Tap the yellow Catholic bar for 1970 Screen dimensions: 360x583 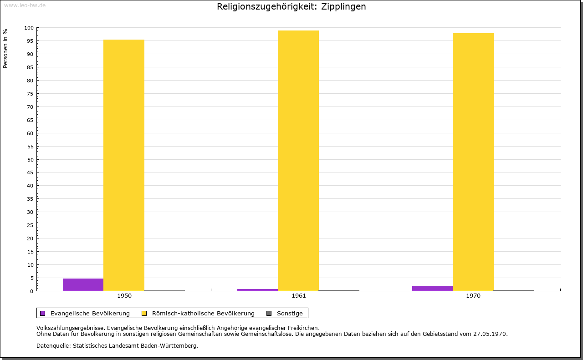[x=473, y=162]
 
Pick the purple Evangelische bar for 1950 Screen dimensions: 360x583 [x=83, y=284]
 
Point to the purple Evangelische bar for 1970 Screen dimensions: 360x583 [x=432, y=288]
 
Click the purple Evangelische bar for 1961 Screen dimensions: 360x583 [x=257, y=290]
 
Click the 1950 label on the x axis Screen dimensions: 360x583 [x=124, y=296]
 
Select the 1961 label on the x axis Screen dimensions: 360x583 [x=299, y=296]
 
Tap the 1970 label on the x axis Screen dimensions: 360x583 [x=473, y=296]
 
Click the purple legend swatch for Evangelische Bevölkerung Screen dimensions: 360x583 [x=43, y=313]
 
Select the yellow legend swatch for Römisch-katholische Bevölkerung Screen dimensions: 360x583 [x=144, y=313]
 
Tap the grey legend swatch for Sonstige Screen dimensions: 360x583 [x=269, y=313]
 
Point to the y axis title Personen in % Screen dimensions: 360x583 [x=5, y=48]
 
